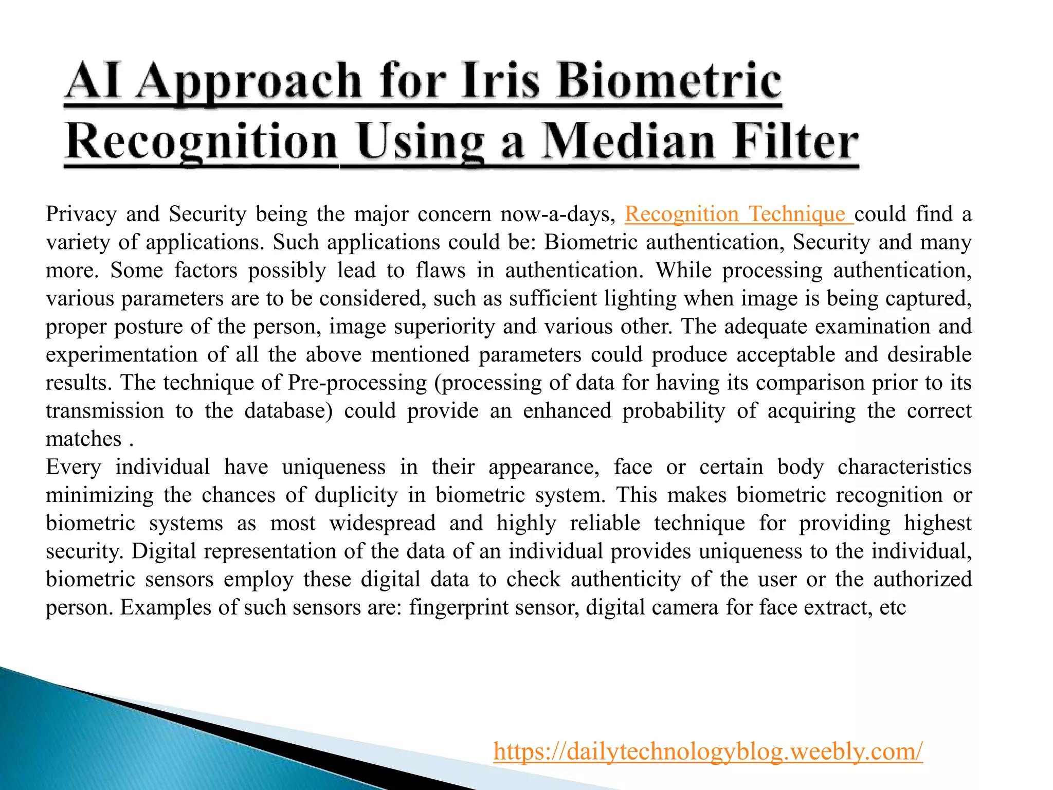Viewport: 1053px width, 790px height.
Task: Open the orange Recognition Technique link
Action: (738, 214)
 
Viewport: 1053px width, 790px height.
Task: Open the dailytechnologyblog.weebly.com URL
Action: (708, 751)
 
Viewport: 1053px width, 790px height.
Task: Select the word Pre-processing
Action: (357, 383)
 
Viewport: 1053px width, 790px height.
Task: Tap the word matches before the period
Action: (83, 439)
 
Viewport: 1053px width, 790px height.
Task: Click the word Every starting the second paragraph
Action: (73, 467)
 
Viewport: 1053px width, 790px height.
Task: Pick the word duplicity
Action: (356, 495)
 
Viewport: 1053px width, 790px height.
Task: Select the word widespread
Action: (383, 523)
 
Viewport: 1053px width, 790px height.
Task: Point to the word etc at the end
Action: (892, 607)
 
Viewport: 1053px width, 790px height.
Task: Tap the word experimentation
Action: (121, 355)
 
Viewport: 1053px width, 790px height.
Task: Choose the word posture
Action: (148, 327)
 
